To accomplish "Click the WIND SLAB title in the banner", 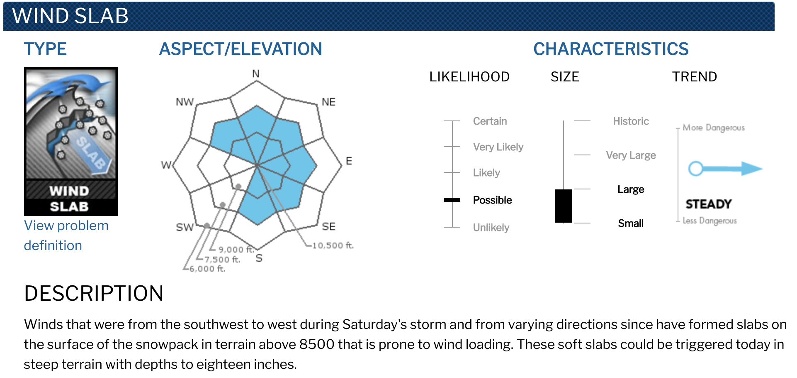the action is tap(70, 16).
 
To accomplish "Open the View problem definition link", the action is tap(66, 236).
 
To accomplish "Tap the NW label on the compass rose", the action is tap(185, 102).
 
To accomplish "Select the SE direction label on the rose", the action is tap(329, 226).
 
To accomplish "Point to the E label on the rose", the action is tap(349, 161).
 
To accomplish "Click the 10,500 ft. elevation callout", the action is tap(333, 245).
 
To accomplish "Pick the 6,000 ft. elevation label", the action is tap(207, 269).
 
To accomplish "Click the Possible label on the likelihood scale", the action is tap(492, 200).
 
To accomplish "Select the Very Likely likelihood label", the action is tap(498, 147).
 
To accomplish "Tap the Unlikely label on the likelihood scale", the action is tap(491, 228).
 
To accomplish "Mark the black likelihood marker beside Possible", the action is tap(452, 200).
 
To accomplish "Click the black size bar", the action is tap(564, 206).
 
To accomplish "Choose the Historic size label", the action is tap(631, 121).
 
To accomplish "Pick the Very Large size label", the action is tap(631, 155).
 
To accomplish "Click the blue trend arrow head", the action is tap(752, 168).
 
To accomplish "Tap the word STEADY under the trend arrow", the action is tap(709, 204).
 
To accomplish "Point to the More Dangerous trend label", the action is tap(714, 128).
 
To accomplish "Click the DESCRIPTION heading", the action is tap(94, 293).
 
